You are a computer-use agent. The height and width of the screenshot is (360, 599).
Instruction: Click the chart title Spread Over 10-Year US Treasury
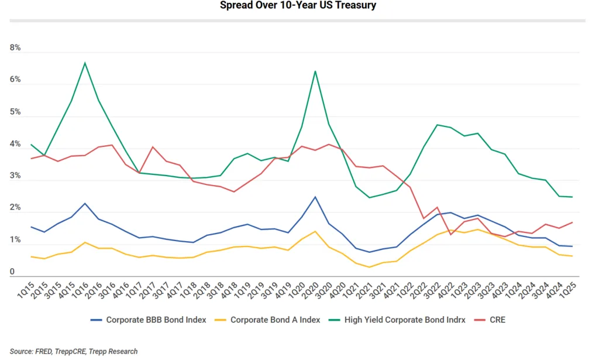(x=298, y=6)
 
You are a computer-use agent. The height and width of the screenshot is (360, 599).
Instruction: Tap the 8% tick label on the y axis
(x=15, y=48)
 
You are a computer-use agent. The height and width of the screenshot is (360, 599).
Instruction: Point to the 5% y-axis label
(x=15, y=112)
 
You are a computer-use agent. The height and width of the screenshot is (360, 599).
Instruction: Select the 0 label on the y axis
(x=12, y=272)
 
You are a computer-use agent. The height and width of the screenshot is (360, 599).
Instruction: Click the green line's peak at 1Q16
(x=85, y=63)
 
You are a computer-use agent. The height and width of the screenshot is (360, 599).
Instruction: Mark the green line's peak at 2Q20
(x=315, y=71)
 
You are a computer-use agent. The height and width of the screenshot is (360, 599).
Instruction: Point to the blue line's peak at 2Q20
(x=315, y=197)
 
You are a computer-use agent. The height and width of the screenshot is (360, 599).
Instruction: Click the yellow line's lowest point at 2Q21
(x=369, y=267)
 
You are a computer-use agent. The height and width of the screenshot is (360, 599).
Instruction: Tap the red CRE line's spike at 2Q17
(x=153, y=147)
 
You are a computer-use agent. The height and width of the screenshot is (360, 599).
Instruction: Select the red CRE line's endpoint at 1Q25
(x=572, y=222)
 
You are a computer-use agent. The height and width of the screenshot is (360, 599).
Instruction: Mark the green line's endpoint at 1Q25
(x=572, y=197)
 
